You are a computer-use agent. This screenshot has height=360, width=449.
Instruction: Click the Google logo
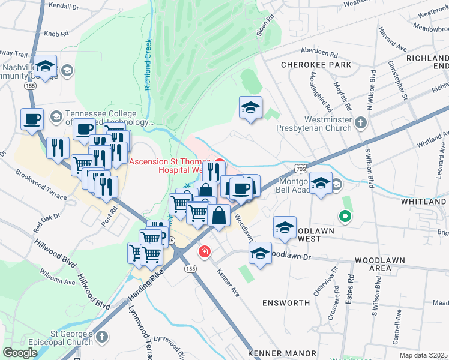(x=20, y=353)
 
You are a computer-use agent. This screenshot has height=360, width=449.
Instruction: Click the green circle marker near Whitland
(x=345, y=217)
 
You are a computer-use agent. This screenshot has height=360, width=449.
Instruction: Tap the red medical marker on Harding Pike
(x=205, y=251)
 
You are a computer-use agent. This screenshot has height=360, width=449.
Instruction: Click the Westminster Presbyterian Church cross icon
(x=360, y=123)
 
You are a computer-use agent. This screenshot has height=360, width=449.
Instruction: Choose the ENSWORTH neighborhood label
(x=286, y=303)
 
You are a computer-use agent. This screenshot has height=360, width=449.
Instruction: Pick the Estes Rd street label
(x=350, y=290)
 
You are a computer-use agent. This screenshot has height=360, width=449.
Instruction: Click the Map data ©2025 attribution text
(x=424, y=355)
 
